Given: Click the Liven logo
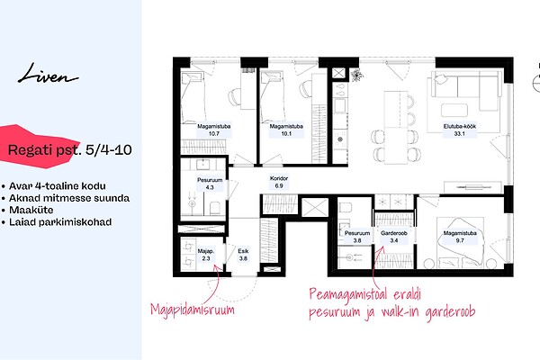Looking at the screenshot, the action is [48, 74].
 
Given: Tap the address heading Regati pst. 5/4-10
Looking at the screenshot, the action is [69, 150].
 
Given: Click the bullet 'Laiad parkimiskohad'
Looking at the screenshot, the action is [60, 222].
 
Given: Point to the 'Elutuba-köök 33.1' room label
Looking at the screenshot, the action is [459, 130].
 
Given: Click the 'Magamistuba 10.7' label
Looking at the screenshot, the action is [214, 130].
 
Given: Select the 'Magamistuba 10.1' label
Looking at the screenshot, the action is [286, 130].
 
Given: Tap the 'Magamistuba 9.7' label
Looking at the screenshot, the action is [460, 237].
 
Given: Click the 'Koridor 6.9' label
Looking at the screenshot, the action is [279, 182].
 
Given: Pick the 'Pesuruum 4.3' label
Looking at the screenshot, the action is [210, 184].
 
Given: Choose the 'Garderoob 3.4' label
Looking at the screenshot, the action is [394, 237].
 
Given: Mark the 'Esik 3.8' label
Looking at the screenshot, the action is [243, 255].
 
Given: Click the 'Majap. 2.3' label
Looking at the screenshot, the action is [205, 255].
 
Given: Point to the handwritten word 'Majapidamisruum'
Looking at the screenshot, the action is [193, 310].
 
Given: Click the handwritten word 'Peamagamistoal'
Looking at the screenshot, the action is [348, 294].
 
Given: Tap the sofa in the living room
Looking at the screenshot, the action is [464, 91].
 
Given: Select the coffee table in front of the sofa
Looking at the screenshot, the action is [454, 110].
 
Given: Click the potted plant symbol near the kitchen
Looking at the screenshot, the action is [356, 75].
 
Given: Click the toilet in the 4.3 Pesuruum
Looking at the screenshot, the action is [214, 207].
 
